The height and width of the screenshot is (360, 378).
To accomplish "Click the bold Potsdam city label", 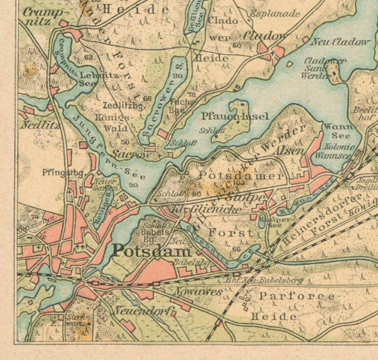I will pyautogui.click(x=152, y=251).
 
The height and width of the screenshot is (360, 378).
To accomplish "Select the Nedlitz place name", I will pyautogui.click(x=34, y=125).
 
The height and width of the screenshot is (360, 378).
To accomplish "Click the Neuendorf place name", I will pyautogui.click(x=144, y=311).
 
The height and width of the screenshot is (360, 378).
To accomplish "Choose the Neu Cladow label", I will pyautogui.click(x=340, y=42).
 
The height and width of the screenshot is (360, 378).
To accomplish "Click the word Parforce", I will pyautogui.click(x=297, y=296).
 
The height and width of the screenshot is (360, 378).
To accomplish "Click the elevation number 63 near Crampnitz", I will pyautogui.click(x=89, y=57).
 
